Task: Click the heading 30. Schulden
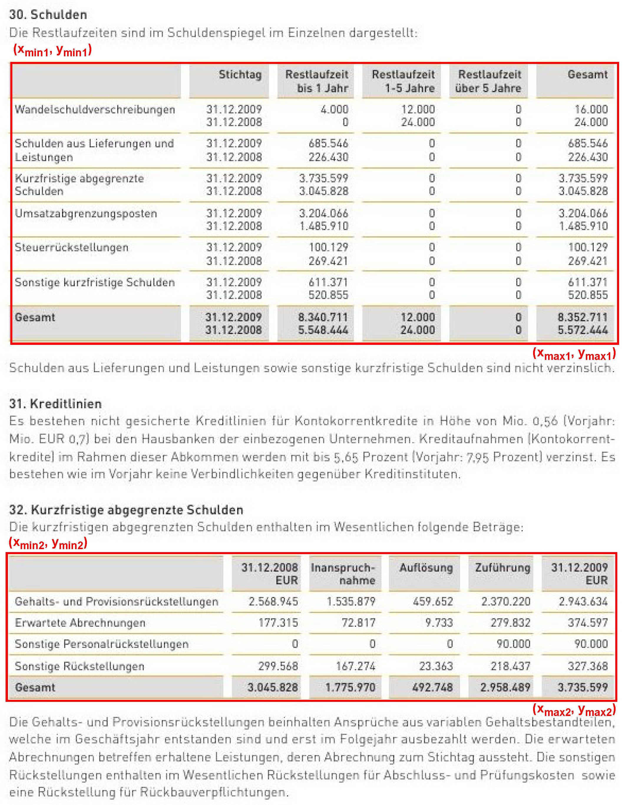(x=48, y=15)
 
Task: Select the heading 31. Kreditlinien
(x=55, y=404)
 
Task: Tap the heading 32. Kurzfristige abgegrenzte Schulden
(x=126, y=510)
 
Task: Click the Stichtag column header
(x=240, y=75)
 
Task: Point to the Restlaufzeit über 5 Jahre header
(x=488, y=81)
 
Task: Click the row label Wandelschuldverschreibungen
(x=95, y=110)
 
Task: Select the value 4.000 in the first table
(x=334, y=110)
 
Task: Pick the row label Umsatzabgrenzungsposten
(x=86, y=213)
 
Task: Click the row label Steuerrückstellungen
(x=72, y=247)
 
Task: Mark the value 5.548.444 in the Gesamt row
(x=323, y=330)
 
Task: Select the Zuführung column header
(x=502, y=568)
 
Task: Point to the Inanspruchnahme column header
(x=343, y=574)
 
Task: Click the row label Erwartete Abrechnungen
(x=80, y=623)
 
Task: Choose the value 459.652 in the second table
(x=433, y=602)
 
